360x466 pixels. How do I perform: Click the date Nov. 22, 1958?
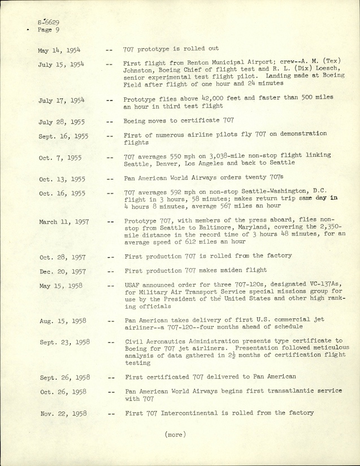click(x=63, y=413)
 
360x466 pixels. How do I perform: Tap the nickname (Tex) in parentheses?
click(x=302, y=64)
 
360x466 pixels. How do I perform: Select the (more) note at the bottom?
click(x=176, y=434)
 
